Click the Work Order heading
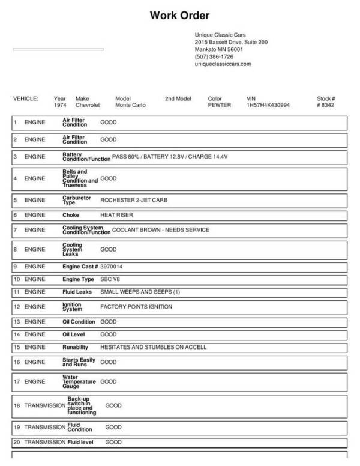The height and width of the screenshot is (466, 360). point(179,15)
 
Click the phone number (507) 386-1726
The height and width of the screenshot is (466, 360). point(214,56)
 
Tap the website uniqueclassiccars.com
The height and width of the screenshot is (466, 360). point(223,64)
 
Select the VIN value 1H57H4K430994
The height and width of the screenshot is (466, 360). point(268,105)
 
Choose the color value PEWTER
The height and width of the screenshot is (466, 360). point(218,105)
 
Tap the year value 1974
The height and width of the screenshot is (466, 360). point(60,105)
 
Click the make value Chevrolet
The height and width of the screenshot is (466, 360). point(88,105)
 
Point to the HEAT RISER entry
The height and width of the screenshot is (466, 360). point(116,214)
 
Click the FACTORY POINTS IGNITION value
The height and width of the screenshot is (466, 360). point(136,307)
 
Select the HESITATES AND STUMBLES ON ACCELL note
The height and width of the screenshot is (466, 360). point(153,347)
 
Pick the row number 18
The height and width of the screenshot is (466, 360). point(17,405)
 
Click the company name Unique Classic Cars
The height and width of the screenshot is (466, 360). point(220,35)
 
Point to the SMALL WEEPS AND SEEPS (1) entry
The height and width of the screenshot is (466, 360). point(140,292)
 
